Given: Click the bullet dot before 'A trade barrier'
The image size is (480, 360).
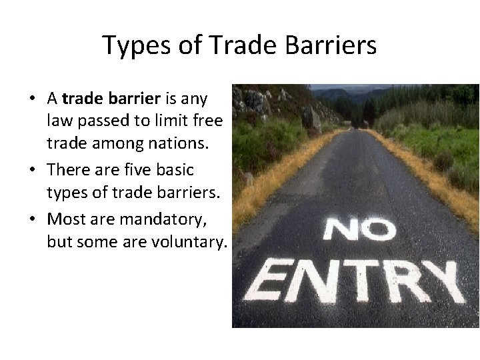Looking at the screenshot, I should click(x=33, y=100).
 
